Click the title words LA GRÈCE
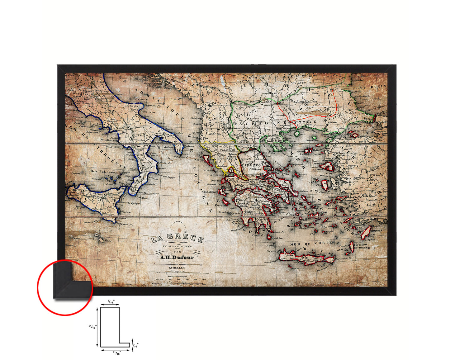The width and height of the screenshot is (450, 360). [x=177, y=239]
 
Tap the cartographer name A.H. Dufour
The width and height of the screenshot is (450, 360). [x=177, y=257]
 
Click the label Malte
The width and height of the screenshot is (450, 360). [x=108, y=240]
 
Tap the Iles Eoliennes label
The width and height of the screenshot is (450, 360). [x=104, y=172]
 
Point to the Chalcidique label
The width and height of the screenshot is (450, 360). [x=274, y=141]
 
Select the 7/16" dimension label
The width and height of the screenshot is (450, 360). [x=111, y=301]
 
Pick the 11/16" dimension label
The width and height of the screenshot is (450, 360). [x=116, y=353]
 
